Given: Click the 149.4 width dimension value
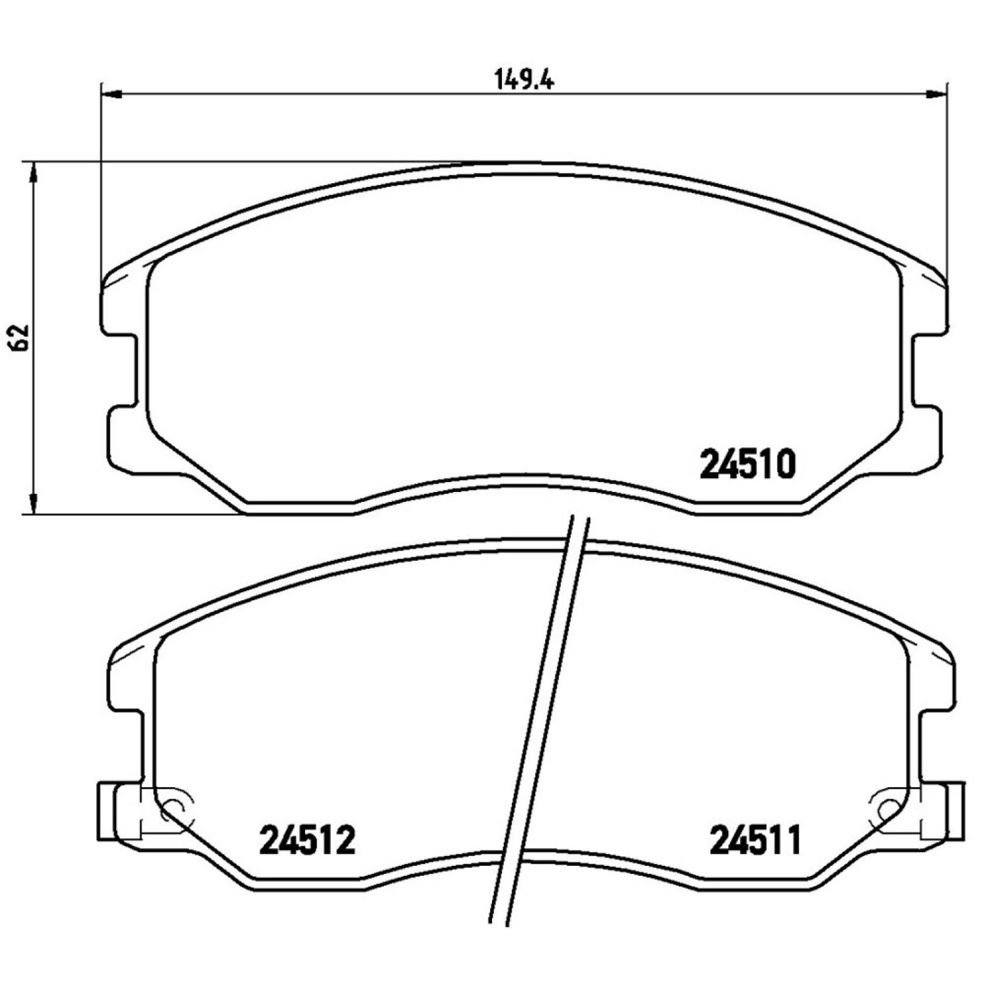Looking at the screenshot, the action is point(524,80).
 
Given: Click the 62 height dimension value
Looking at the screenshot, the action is point(20,336).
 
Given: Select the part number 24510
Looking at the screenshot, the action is point(748,464).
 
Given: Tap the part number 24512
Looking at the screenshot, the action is point(307,840).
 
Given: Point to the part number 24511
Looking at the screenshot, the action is point(756,840).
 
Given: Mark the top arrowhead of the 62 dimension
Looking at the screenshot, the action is point(34,173).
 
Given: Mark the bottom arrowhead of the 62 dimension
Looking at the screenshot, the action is point(34,504).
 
